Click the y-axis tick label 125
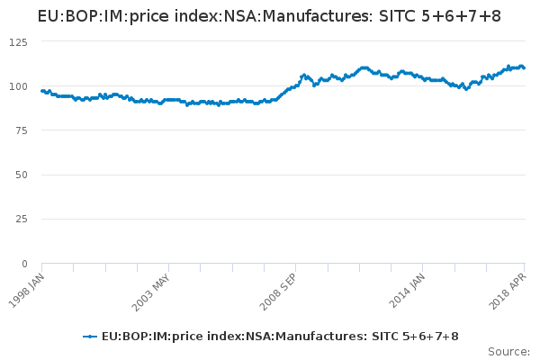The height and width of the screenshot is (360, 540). [18, 42]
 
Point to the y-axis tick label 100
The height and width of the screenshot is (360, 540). [18, 86]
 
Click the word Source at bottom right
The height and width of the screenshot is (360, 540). [508, 351]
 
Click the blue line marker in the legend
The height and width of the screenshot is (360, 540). [89, 337]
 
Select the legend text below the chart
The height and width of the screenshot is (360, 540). [280, 337]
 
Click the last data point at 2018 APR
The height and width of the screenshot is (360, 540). [524, 67]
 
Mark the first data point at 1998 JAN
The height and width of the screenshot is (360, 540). [42, 91]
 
